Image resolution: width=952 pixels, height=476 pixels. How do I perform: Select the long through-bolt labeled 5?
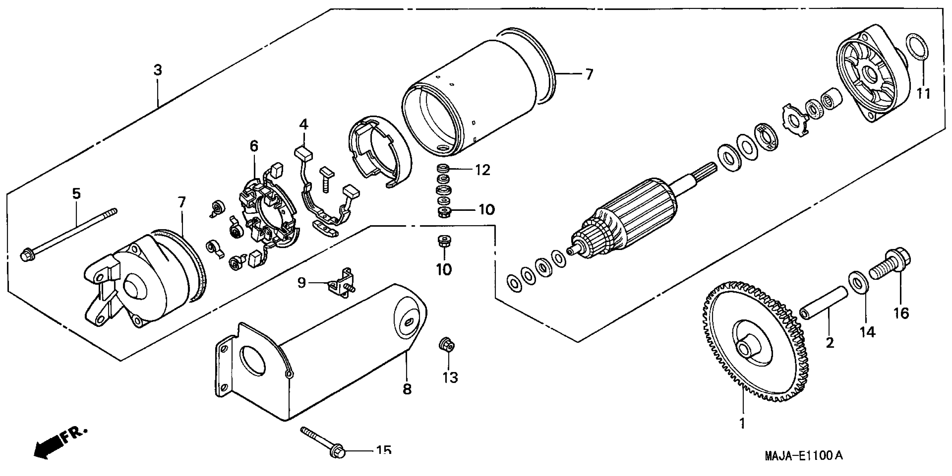click(70, 233)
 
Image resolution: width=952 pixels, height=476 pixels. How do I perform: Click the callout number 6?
click(254, 146)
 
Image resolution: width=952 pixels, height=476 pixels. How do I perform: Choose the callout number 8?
click(407, 389)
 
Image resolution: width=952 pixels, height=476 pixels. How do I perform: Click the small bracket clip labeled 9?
click(342, 283)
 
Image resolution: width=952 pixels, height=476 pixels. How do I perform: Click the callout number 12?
click(483, 170)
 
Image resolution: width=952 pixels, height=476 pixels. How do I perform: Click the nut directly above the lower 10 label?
click(443, 242)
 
